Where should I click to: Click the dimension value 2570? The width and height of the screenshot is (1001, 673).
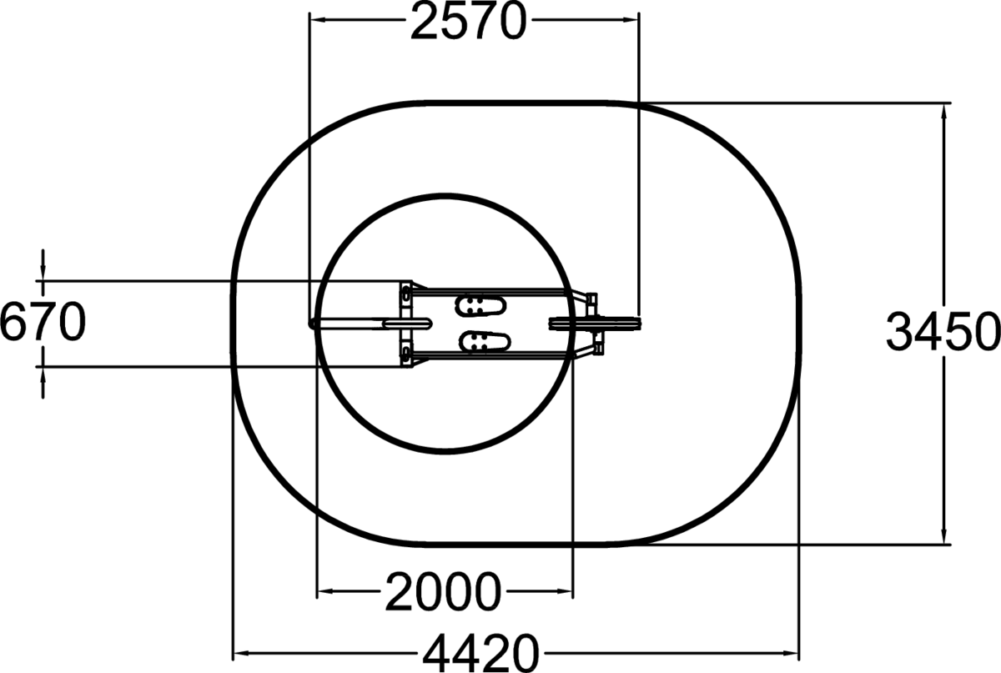coord(468,22)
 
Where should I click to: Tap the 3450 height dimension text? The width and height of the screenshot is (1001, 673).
coord(943,332)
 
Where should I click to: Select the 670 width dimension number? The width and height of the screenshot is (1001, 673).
coord(43,322)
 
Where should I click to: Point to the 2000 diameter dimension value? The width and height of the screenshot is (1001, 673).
coord(443,591)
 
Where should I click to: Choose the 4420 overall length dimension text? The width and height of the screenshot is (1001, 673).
coord(480,653)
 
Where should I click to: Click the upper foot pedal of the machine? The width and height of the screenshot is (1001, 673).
coord(480,306)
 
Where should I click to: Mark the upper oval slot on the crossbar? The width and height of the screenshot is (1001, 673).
coord(405,294)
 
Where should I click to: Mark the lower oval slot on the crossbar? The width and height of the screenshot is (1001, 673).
coord(405,354)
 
